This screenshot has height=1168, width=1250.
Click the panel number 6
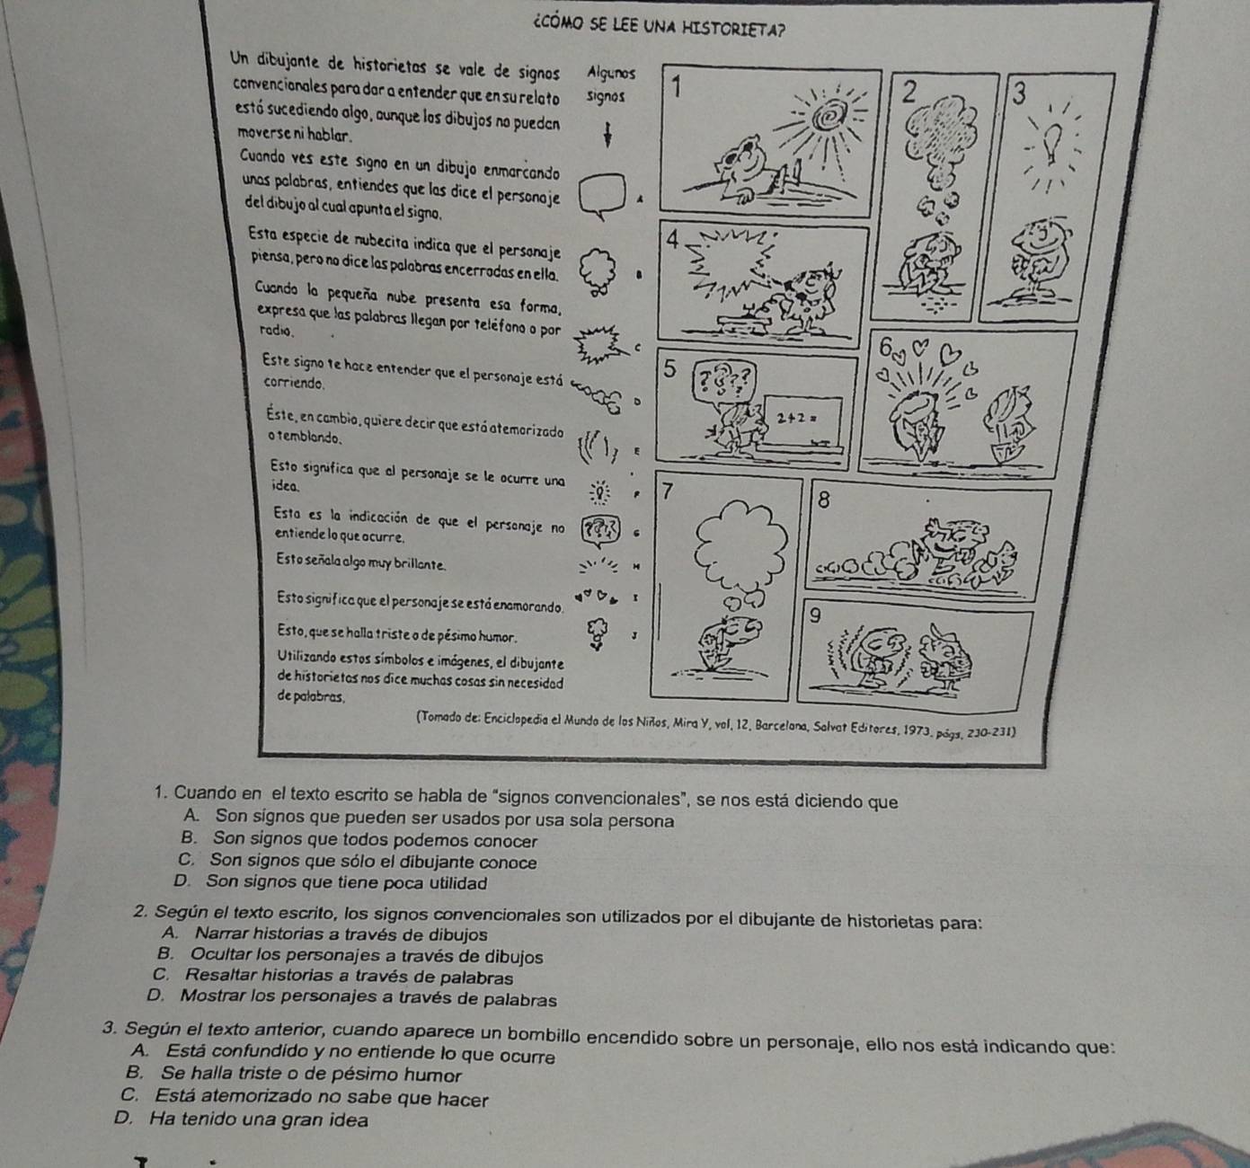point(886,349)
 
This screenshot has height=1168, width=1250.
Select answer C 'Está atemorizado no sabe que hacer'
point(308,1098)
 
